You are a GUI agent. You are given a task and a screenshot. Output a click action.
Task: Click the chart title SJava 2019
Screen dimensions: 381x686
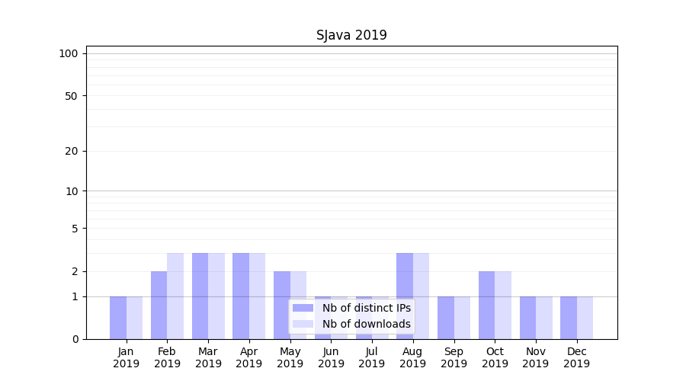point(351,35)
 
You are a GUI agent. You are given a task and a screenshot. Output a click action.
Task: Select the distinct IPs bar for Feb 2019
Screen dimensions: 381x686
point(159,305)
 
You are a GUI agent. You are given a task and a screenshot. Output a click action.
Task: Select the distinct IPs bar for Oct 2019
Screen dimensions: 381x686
point(486,305)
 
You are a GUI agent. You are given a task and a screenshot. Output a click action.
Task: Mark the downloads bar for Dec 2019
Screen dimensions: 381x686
point(585,318)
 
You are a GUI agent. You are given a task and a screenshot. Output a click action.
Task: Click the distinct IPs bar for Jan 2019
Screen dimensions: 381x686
point(118,318)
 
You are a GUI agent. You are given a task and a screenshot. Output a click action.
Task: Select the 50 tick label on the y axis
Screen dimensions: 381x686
point(72,96)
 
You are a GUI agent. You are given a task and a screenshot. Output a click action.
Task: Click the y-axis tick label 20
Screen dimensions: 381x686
point(72,151)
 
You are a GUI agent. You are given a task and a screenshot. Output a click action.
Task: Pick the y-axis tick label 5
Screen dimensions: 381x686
point(75,229)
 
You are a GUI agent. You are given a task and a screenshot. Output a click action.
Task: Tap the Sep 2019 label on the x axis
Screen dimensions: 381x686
point(454,357)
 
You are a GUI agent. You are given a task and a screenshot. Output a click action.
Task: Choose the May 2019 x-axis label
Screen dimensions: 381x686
point(290,357)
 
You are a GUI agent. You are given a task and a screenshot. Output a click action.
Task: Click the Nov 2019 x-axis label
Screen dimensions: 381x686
point(535,357)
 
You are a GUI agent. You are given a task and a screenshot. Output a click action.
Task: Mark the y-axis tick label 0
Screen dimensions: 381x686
point(75,339)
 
